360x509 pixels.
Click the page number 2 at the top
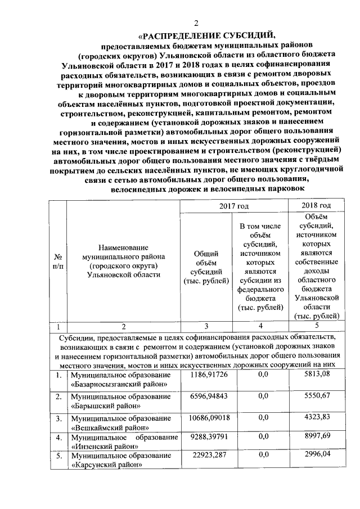click(x=196, y=23)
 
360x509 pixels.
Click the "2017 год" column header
click(x=235, y=206)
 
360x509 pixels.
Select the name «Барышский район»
click(x=105, y=406)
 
